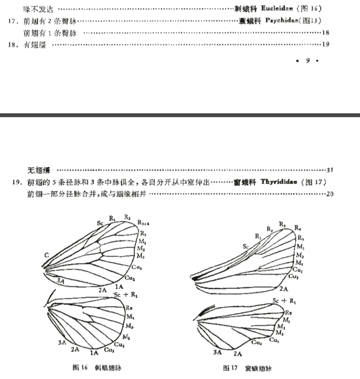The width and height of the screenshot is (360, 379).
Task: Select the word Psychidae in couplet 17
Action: [281, 21]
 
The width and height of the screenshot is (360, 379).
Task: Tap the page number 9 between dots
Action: [308, 61]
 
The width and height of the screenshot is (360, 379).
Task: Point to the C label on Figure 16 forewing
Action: [45, 256]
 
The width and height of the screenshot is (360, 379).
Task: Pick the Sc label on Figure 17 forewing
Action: [246, 247]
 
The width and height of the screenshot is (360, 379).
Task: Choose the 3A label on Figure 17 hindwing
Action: [218, 352]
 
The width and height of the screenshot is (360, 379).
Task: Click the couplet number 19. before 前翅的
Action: [18, 182]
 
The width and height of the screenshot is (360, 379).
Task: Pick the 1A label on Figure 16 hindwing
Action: [94, 353]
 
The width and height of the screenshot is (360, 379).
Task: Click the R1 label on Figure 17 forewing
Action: [258, 236]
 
